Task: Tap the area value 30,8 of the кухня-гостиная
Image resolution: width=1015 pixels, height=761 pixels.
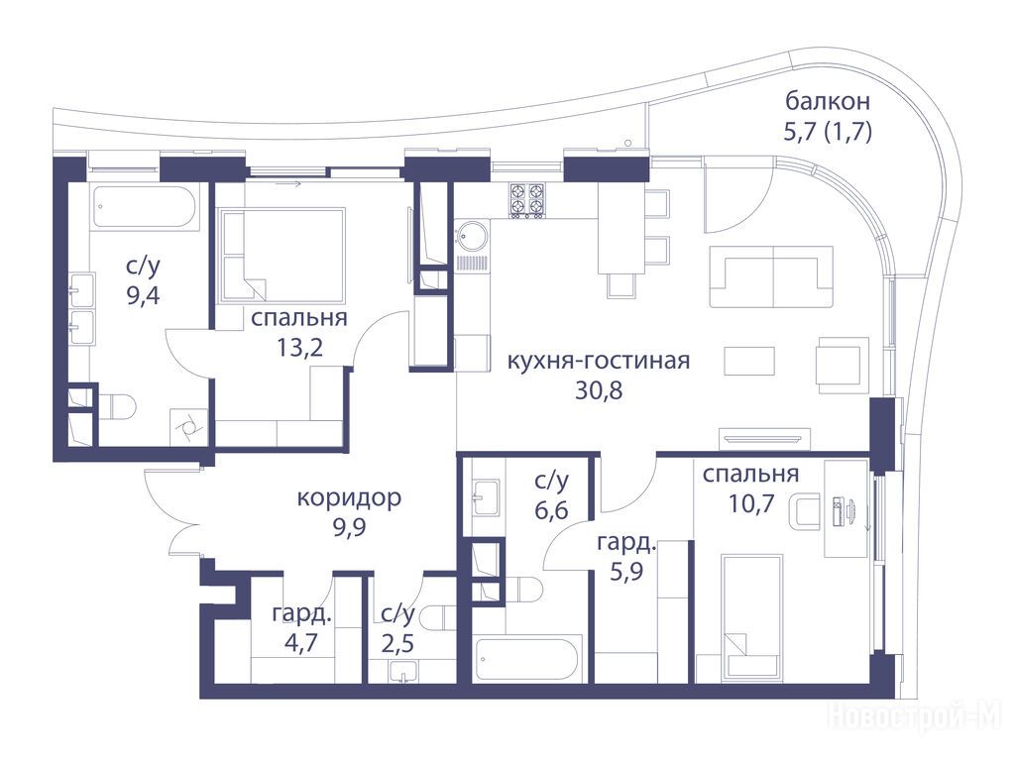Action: (598, 390)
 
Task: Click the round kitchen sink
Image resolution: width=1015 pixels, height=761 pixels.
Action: (472, 236)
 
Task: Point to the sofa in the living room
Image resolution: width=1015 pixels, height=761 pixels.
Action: (771, 276)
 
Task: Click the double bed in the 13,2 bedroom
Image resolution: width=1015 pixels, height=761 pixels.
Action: (282, 255)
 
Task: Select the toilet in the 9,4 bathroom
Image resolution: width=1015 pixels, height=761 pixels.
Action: (117, 406)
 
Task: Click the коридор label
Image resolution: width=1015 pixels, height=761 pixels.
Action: (350, 497)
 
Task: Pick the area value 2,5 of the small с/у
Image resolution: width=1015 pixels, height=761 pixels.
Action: (398, 644)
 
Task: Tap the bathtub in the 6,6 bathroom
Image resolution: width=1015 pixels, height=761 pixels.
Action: (526, 658)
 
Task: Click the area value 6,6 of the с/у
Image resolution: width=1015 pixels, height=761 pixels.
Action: (551, 510)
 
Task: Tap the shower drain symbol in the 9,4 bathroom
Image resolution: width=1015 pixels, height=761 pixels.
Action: (188, 427)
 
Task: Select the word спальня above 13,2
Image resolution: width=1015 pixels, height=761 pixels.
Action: (299, 318)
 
